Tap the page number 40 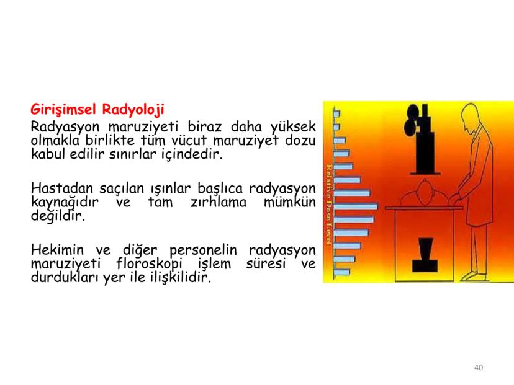(x=478, y=368)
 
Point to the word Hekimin (x=56, y=250)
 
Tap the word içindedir (x=189, y=153)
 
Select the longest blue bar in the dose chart (x=355, y=206)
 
